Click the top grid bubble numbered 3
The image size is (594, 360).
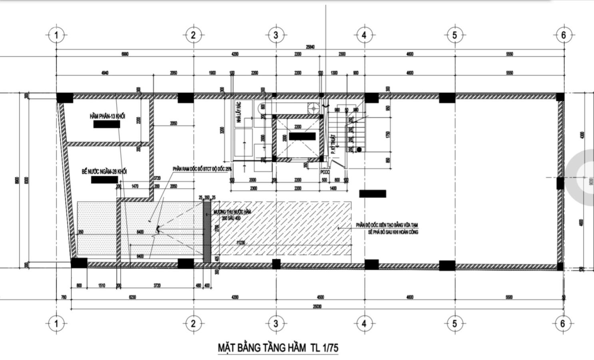275,35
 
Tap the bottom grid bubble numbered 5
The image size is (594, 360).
454,323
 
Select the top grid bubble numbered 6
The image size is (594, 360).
563,35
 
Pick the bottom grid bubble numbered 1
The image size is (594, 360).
56,323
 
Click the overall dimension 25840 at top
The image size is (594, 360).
310,47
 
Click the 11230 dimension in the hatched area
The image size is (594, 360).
240,242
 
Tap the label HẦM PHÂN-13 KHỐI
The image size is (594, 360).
108,116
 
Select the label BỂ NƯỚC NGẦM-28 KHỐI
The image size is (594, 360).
104,171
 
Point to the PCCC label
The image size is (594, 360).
324,172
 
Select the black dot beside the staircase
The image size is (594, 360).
359,150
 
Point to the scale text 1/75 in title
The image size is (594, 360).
329,347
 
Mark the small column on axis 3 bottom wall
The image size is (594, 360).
275,264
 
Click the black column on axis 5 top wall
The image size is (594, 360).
447,98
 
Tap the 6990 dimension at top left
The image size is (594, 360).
125,54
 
